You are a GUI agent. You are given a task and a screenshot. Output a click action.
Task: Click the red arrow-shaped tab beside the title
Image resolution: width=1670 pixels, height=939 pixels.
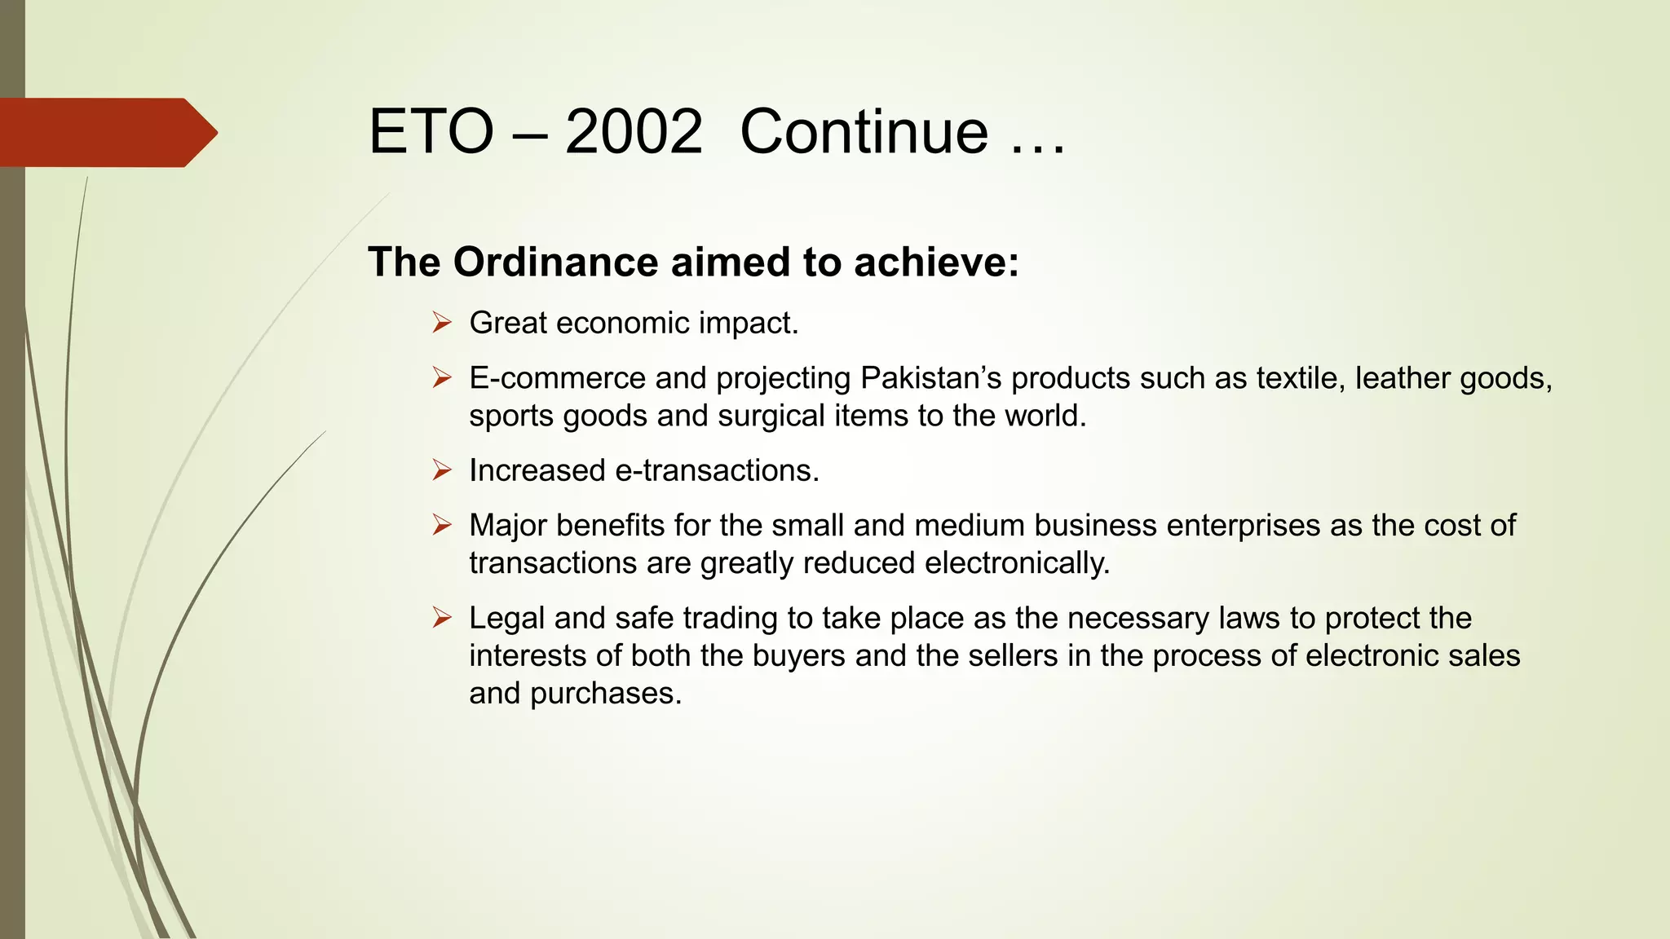106,132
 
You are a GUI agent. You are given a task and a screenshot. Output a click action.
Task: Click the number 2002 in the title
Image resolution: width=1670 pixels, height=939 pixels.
634,132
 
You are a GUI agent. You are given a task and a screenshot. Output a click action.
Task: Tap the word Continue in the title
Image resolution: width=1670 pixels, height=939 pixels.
864,132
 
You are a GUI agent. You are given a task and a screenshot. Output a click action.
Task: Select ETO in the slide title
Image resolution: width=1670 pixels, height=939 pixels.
431,132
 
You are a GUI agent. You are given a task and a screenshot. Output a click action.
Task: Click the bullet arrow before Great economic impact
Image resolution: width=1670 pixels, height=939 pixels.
442,323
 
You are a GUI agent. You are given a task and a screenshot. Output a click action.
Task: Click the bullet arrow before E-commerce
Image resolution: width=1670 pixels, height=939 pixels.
442,377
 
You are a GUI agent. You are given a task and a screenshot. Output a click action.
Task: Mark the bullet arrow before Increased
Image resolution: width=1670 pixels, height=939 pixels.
442,470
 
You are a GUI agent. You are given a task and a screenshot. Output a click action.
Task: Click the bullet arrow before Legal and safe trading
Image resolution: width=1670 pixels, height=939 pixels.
442,618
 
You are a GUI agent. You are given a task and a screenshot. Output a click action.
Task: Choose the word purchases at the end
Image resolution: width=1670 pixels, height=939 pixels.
605,694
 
